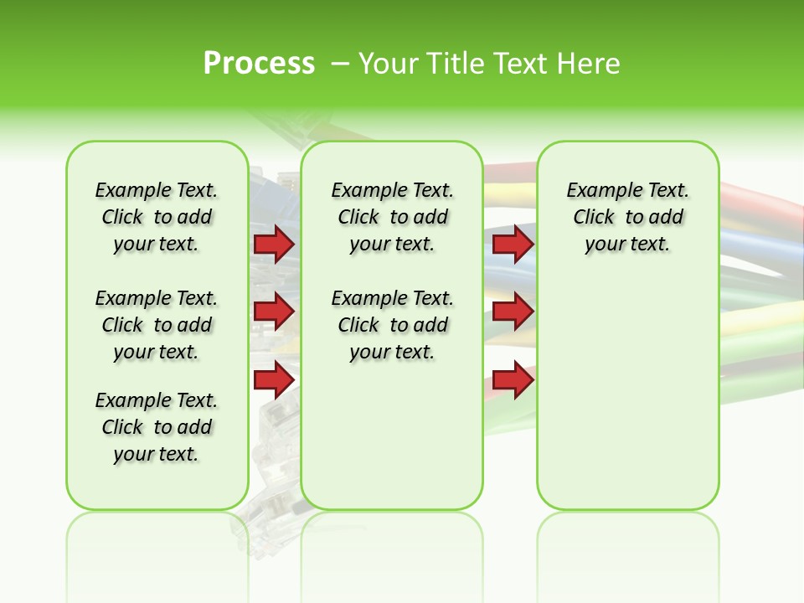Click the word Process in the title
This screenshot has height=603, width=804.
(259, 63)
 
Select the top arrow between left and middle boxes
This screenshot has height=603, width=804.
(273, 244)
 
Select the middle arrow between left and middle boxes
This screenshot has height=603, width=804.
(273, 312)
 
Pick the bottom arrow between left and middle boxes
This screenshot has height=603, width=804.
(273, 379)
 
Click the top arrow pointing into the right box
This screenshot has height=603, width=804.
(513, 244)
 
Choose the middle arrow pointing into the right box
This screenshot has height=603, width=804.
(513, 312)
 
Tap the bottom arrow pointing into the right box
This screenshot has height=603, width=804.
(513, 379)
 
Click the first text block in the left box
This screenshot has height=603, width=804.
(157, 217)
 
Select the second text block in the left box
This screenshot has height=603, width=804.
(157, 325)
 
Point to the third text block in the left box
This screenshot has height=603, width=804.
(157, 427)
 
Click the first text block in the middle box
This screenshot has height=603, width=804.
(392, 217)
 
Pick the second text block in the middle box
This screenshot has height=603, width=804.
(392, 325)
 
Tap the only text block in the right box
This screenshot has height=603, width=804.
(627, 217)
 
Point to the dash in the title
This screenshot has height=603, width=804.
(340, 63)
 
